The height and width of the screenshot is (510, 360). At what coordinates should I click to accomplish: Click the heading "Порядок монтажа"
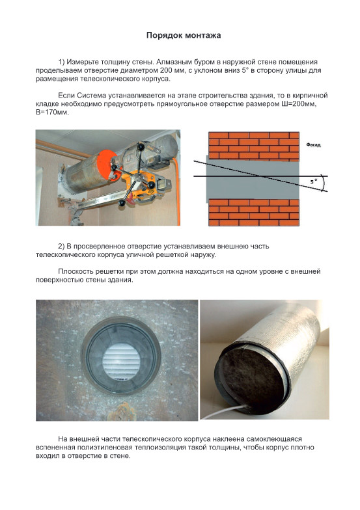pos(184,35)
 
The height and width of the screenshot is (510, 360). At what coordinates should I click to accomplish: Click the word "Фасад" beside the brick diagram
pos(314,144)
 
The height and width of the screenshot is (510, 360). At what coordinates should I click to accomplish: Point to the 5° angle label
pos(313,182)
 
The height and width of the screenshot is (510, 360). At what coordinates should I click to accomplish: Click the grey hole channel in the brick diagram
pos(253,180)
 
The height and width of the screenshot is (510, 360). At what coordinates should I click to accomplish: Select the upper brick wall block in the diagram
pos(254,147)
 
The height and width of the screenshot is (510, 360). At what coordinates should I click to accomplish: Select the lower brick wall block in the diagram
pos(254,213)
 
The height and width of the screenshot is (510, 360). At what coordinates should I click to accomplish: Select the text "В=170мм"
pos(52,113)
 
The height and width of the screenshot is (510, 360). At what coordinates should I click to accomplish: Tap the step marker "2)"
pos(61,246)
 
